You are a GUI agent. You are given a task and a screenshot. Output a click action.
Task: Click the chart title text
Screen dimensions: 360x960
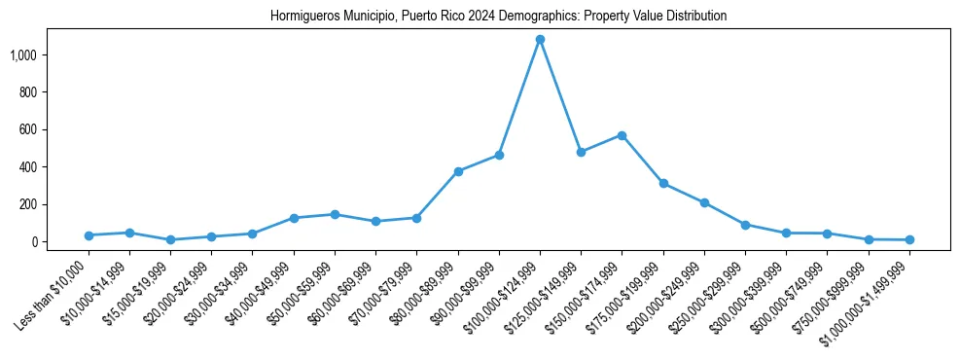point(498,17)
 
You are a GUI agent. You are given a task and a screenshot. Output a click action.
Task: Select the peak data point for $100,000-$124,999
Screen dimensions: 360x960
point(540,40)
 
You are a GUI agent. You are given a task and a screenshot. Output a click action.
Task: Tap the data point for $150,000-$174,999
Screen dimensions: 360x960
point(622,135)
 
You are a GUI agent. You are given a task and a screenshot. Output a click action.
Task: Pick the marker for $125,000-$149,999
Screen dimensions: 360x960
point(581,152)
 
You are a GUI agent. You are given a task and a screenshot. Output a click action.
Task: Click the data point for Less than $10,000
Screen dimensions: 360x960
point(89,235)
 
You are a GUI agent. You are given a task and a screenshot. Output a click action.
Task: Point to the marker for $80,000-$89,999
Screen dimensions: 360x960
point(458,171)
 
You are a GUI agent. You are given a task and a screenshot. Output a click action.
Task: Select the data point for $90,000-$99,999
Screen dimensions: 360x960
point(499,155)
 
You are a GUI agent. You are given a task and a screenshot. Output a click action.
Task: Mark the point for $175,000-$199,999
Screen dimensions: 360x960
point(663,183)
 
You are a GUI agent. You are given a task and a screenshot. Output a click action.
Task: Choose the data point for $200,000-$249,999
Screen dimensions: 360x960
point(704,202)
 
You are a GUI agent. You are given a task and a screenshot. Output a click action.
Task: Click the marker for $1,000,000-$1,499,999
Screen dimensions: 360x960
point(909,239)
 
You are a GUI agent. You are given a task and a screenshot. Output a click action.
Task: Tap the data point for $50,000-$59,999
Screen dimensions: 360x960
point(335,214)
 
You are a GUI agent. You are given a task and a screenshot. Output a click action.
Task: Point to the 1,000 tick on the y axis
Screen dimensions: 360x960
point(36,55)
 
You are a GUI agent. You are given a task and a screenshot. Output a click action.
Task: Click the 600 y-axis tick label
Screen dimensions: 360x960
point(40,129)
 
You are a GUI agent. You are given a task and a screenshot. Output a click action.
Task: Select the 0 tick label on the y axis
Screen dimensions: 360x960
point(47,241)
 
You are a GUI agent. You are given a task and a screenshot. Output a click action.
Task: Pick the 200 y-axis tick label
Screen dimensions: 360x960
point(40,204)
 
